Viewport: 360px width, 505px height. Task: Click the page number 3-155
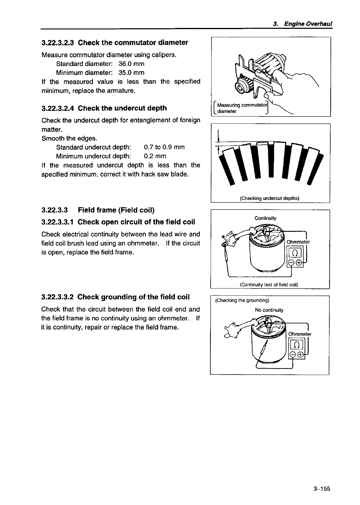point(322,488)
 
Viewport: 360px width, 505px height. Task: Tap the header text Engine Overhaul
point(308,24)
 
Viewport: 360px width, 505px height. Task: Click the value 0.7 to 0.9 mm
point(164,147)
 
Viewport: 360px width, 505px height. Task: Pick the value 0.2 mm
point(155,156)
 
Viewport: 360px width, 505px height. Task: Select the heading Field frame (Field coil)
point(116,210)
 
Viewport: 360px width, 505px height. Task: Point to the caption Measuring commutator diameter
point(240,108)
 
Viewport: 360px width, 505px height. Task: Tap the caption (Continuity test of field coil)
point(269,285)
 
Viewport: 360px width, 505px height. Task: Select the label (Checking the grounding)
point(243,301)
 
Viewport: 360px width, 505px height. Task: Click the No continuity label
point(269,310)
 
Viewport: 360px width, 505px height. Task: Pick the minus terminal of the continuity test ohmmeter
point(291,263)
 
